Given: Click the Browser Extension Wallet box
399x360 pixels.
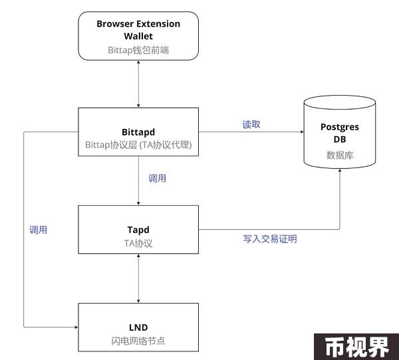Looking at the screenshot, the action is pos(138,36).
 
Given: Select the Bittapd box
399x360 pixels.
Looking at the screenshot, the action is pos(138,132).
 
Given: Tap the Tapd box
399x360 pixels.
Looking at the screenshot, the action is pos(138,229).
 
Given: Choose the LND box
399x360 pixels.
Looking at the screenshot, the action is pos(138,327).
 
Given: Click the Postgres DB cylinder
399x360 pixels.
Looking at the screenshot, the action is pos(340,132).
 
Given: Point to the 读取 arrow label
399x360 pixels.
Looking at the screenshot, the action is pos(251,124).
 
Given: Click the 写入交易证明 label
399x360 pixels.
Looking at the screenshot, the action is pos(270,238).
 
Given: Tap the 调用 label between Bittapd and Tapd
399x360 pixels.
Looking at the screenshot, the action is pos(157,178).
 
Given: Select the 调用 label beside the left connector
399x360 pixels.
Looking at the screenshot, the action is pos(38,230).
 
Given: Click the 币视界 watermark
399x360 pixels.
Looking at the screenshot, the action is pos(357,347).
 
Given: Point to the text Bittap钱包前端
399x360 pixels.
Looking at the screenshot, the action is pos(138,50).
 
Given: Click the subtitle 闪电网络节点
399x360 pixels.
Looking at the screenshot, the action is pos(138,341).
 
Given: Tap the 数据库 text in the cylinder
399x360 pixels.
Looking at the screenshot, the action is pos(340,155).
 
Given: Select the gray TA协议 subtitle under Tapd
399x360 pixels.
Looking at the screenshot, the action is pos(138,243).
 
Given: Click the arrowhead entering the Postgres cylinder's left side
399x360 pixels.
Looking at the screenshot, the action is pos(302,132).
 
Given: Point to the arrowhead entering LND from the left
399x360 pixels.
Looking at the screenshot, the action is pos(76,327).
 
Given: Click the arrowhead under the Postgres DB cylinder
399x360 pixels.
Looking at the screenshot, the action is pos(340,170).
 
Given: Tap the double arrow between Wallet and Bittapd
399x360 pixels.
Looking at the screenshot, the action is pos(138,84).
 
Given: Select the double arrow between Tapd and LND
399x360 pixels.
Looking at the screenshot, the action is pos(138,278).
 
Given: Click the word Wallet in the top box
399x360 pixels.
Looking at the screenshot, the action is pos(138,36).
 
